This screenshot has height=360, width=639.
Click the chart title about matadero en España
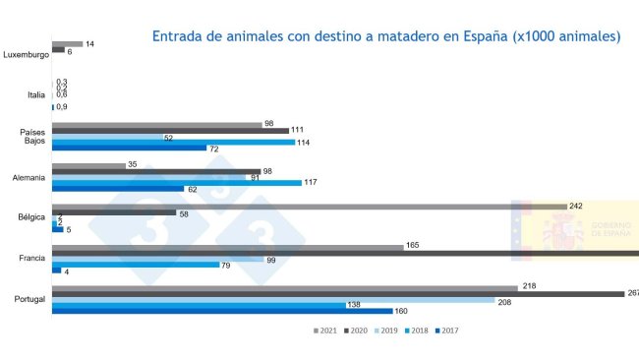(x=385, y=36)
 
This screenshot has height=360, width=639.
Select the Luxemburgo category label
(x=26, y=54)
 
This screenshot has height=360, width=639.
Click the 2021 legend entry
(x=324, y=330)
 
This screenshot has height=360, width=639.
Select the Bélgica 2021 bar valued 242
(x=309, y=206)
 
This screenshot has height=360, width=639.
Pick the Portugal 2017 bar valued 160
(x=221, y=311)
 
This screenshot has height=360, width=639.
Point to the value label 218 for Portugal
(x=529, y=287)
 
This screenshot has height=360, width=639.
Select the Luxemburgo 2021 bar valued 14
(x=67, y=44)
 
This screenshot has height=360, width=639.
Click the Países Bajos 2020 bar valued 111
(x=170, y=130)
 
